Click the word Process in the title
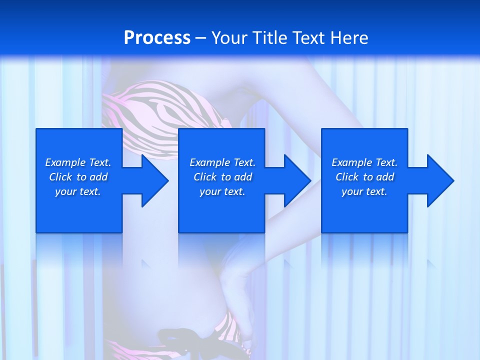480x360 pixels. click(x=157, y=38)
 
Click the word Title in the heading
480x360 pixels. click(x=267, y=38)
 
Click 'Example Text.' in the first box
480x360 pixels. click(x=78, y=162)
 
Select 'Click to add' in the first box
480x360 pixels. click(x=78, y=177)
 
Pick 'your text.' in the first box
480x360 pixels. click(x=78, y=191)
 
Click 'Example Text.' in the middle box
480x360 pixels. click(x=222, y=162)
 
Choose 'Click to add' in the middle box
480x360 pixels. click(x=222, y=177)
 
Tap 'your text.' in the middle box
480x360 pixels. click(x=222, y=191)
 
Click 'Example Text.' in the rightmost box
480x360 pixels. click(x=364, y=162)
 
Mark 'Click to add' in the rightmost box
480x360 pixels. click(x=364, y=177)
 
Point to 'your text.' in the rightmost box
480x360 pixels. click(x=364, y=191)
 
